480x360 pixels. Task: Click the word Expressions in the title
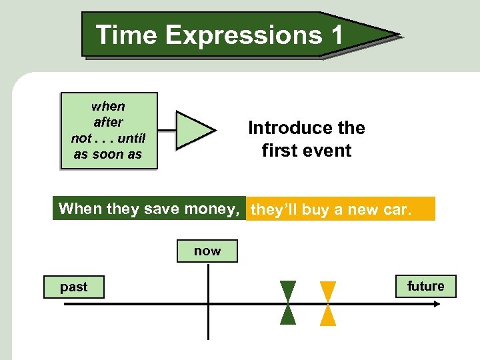[x=243, y=34]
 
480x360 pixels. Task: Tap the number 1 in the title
[x=336, y=34]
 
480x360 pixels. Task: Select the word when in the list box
[x=108, y=106]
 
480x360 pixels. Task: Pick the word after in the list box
[x=108, y=122]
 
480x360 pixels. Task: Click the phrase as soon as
[x=108, y=154]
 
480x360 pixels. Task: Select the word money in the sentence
[x=211, y=209]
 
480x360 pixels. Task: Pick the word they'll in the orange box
[x=273, y=210]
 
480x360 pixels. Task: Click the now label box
[x=207, y=251]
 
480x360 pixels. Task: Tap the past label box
[x=74, y=287]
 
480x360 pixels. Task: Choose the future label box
[x=426, y=286]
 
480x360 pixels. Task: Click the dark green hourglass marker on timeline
[x=288, y=303]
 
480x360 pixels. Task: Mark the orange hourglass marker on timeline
[x=328, y=303]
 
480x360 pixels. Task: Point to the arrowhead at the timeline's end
[x=437, y=304]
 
